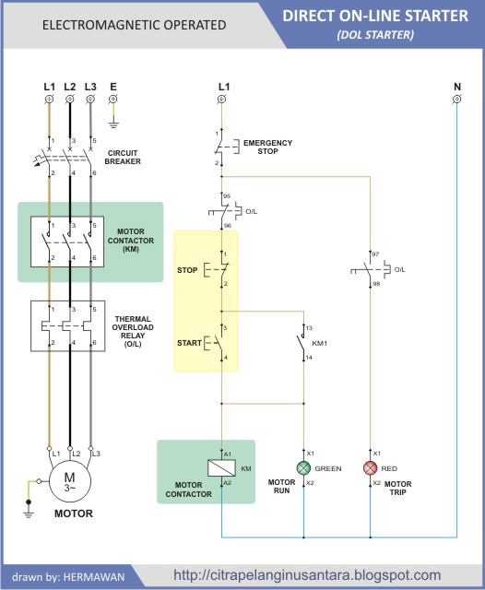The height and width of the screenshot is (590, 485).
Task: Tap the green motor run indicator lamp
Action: pos(303,468)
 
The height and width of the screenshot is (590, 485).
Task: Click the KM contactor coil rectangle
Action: pos(222,468)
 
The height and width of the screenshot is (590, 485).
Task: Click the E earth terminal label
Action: pos(112,87)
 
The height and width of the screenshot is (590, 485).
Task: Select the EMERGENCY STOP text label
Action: pos(267,147)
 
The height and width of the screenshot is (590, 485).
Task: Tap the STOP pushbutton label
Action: pos(188,270)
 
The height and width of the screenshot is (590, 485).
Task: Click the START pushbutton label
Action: pos(189,343)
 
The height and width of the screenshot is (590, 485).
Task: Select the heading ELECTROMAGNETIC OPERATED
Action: pos(134,25)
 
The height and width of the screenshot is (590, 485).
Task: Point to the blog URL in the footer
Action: pos(307,575)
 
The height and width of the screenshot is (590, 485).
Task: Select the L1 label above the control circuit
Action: pos(223,87)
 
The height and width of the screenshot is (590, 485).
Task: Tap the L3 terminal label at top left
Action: pos(90,87)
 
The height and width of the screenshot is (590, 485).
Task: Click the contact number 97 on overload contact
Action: pos(375,253)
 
